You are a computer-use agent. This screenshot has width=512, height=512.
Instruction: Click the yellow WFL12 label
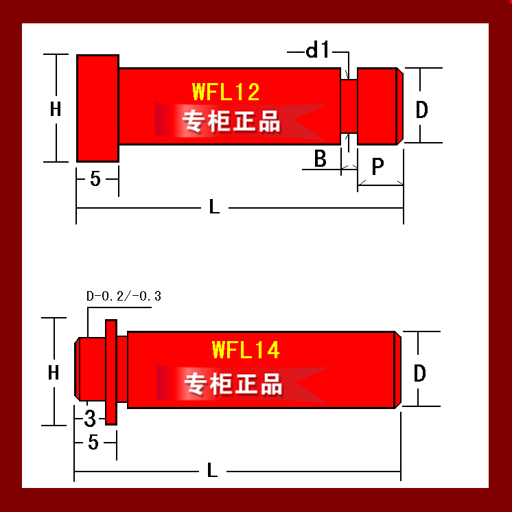click(x=226, y=92)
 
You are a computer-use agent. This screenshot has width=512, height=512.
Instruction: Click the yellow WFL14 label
click(x=246, y=350)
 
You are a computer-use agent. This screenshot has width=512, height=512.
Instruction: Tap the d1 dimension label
click(x=317, y=50)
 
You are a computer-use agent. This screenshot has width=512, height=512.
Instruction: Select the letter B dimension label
click(x=320, y=159)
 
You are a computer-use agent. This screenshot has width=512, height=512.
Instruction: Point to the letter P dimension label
click(x=377, y=167)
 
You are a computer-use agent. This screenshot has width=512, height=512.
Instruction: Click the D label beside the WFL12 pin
click(x=421, y=109)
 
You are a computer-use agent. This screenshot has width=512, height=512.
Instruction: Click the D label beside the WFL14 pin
click(x=419, y=373)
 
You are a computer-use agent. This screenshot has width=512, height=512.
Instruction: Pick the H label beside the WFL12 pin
click(x=56, y=108)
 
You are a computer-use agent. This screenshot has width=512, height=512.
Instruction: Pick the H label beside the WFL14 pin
click(x=54, y=372)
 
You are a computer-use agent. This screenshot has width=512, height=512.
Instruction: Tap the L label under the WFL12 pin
click(x=214, y=207)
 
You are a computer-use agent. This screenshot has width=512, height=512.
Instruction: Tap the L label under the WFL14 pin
click(x=212, y=470)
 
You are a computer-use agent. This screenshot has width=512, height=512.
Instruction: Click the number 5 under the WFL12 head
click(x=95, y=178)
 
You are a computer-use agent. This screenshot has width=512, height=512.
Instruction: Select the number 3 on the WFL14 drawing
click(x=90, y=418)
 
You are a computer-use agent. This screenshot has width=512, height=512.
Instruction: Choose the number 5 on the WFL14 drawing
click(x=93, y=443)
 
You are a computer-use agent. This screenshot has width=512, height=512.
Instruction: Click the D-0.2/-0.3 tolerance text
click(x=124, y=296)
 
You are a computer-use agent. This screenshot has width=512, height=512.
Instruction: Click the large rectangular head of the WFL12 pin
click(x=97, y=108)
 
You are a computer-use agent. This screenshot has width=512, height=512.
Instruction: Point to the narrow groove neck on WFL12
click(x=349, y=106)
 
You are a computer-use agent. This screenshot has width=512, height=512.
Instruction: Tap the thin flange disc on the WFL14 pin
click(x=111, y=372)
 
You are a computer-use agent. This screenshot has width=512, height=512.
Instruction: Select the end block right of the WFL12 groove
click(x=380, y=106)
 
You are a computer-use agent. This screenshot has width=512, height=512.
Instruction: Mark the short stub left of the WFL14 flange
click(x=91, y=369)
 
